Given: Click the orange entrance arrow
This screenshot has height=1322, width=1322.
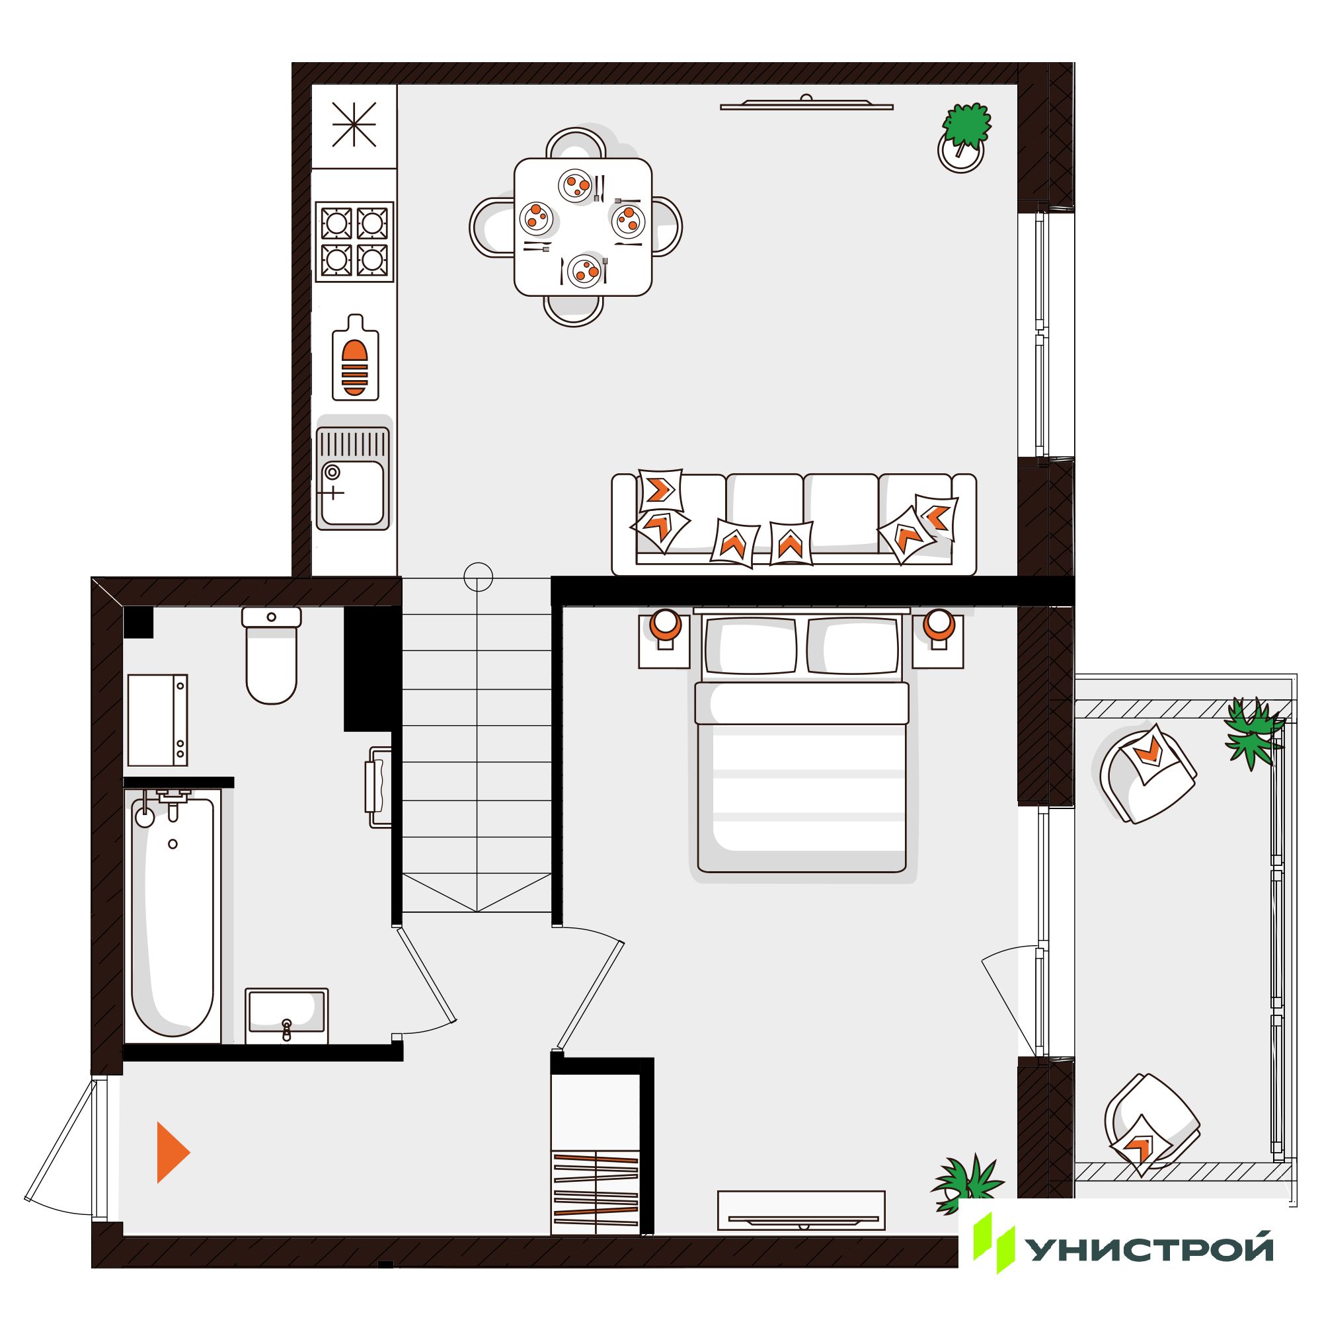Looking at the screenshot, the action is pos(171,1152).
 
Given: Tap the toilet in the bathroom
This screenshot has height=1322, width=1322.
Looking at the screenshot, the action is pos(272,656).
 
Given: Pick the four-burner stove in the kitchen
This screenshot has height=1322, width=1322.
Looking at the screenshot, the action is pos(354,241).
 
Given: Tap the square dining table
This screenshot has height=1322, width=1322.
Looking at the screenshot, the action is pos(582,227).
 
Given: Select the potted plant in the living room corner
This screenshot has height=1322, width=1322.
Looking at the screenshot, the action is pos(964,137).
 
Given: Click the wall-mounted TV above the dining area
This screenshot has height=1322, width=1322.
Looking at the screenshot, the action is pos(806,103).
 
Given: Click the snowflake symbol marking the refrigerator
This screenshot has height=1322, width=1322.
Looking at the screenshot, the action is pos(354,124).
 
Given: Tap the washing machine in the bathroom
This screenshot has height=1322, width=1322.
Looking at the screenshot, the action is pos(158,720).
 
